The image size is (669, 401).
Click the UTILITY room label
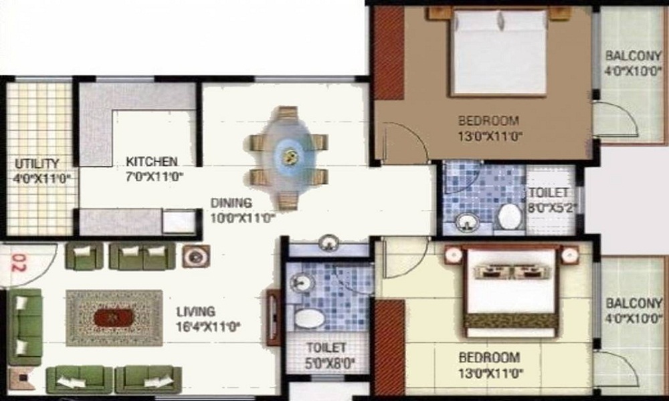(37, 164)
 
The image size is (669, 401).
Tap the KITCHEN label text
(152, 162)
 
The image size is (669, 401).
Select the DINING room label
(231, 203)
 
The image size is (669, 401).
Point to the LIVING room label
(196, 312)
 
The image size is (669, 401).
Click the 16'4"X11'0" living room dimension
(209, 327)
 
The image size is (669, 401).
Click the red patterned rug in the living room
(114, 318)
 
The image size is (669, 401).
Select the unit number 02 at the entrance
(18, 263)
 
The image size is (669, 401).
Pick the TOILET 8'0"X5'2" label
(553, 200)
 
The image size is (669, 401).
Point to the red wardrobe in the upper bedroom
(389, 53)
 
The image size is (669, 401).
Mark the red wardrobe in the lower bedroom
(389, 348)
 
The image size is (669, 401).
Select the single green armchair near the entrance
(84, 256)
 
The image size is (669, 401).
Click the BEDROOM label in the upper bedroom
(489, 120)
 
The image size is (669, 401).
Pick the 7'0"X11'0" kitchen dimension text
(155, 176)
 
